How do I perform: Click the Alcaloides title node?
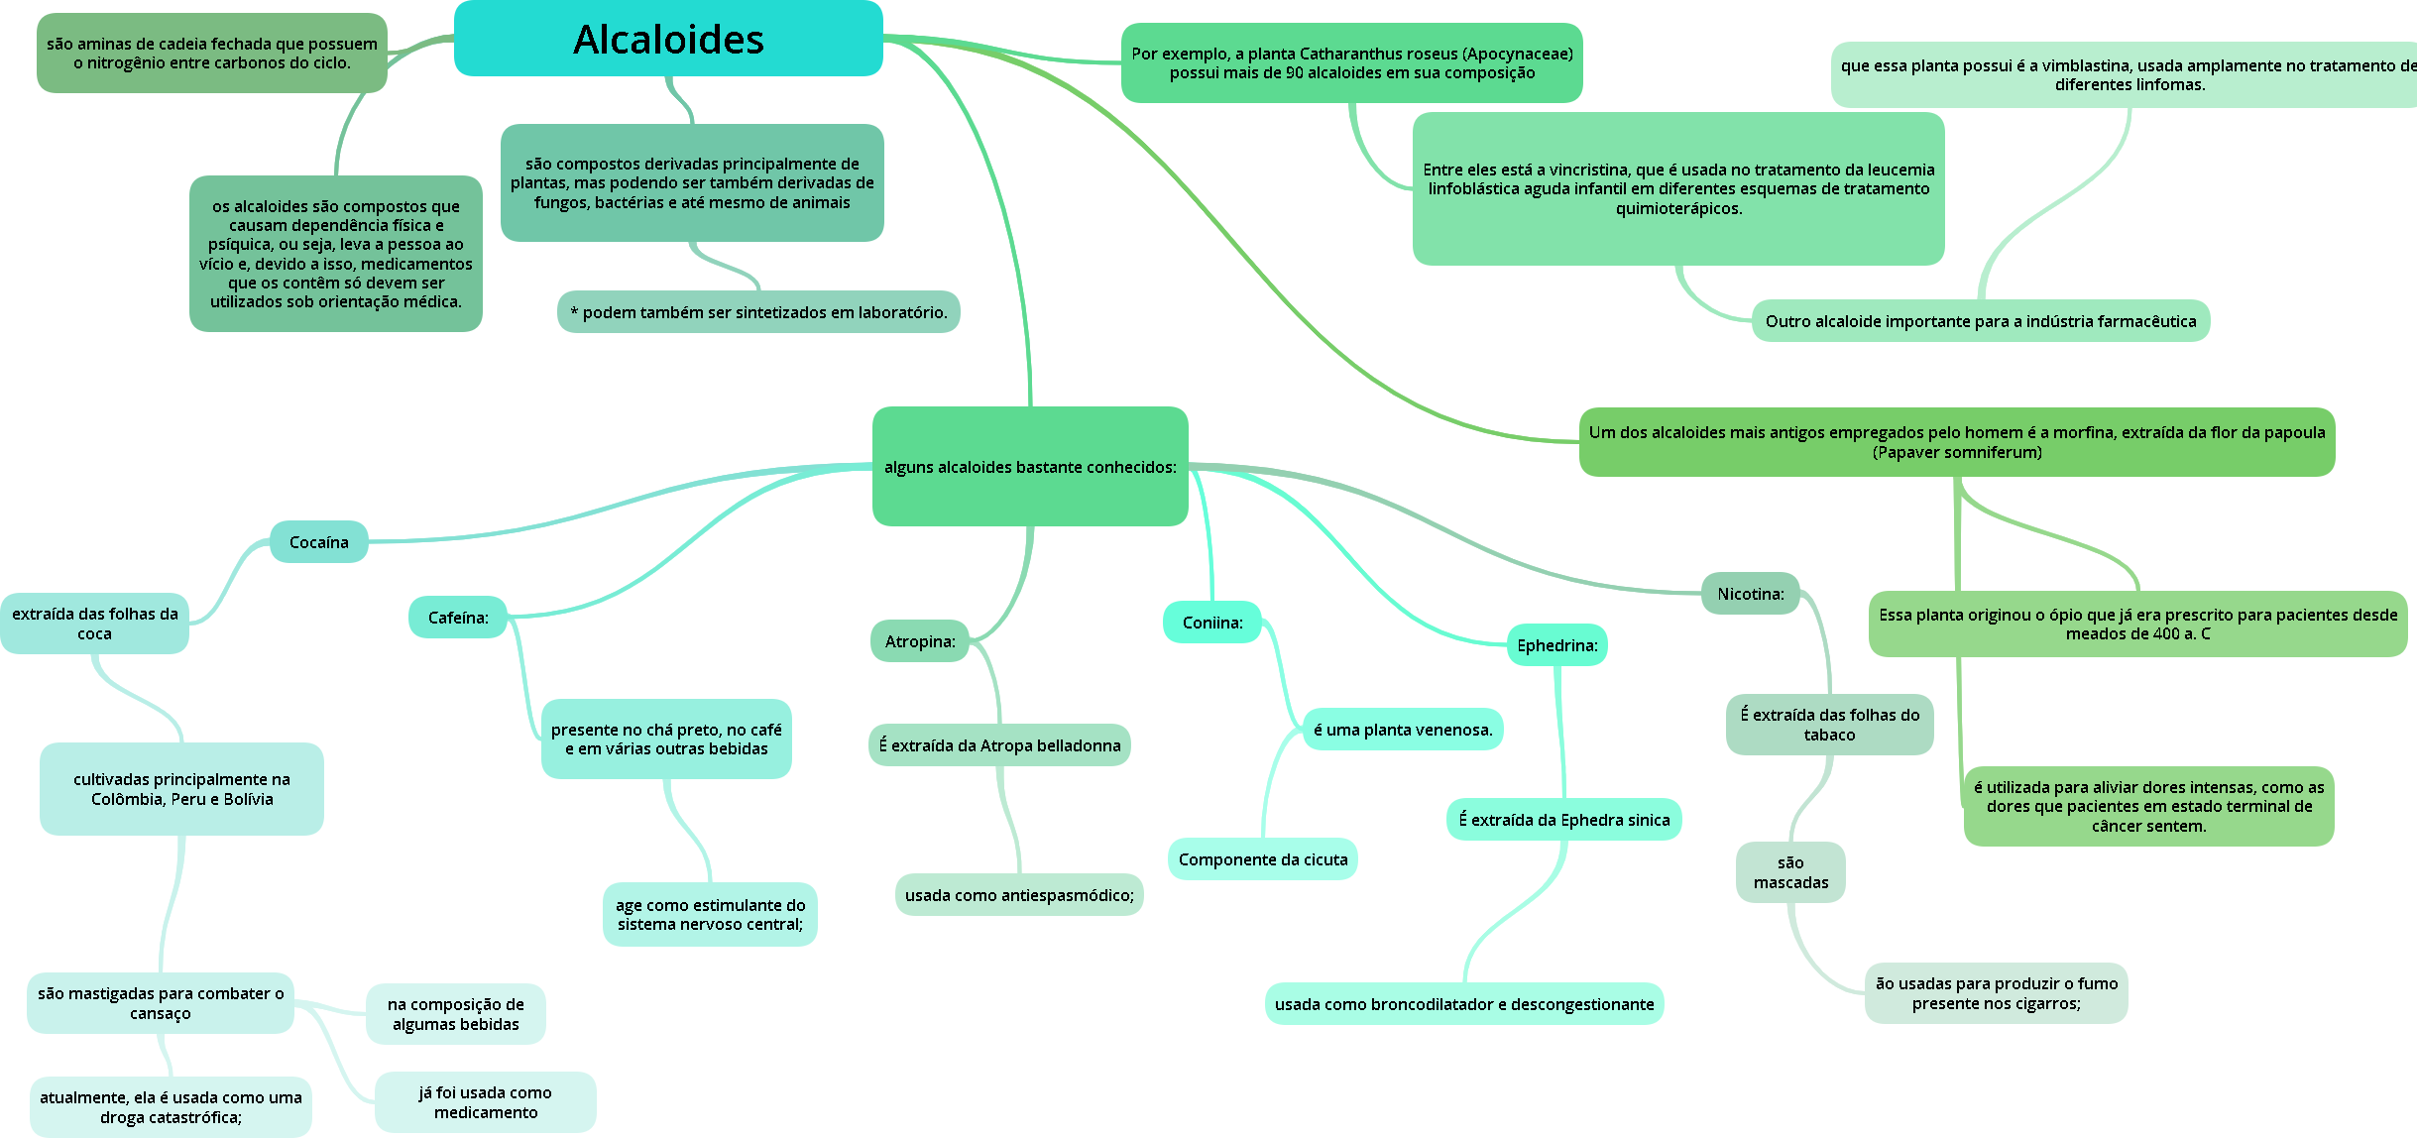[668, 39]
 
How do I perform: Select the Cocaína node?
[319, 542]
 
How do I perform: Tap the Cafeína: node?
[458, 618]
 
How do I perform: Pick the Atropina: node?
[920, 641]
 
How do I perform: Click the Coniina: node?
[1212, 623]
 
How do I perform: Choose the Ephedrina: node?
[1557, 645]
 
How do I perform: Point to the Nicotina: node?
[1751, 594]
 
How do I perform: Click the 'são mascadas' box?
[1790, 872]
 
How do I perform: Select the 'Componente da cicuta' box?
[1263, 859]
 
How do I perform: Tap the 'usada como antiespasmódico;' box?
[1019, 895]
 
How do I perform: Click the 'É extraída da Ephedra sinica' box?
[1564, 820]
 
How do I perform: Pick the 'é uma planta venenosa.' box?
[1403, 730]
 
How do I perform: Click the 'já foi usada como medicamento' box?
[486, 1102]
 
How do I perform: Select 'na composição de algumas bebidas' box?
[456, 1014]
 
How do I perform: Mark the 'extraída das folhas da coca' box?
[95, 624]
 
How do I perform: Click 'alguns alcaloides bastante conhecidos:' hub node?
[1030, 467]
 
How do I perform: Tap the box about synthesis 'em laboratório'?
[758, 312]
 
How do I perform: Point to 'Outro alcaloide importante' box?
[1981, 321]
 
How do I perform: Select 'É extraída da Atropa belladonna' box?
[1000, 745]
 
